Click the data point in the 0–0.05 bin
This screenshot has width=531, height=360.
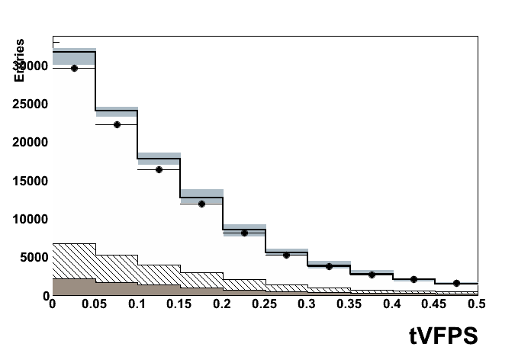(74, 68)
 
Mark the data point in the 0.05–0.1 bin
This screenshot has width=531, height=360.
(117, 124)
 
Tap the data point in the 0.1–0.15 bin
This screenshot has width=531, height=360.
(159, 169)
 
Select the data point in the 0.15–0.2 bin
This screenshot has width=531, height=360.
(201, 204)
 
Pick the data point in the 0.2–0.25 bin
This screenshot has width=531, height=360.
(244, 233)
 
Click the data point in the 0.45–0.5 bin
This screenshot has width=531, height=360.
(456, 283)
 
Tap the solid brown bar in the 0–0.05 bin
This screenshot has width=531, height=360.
(74, 287)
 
